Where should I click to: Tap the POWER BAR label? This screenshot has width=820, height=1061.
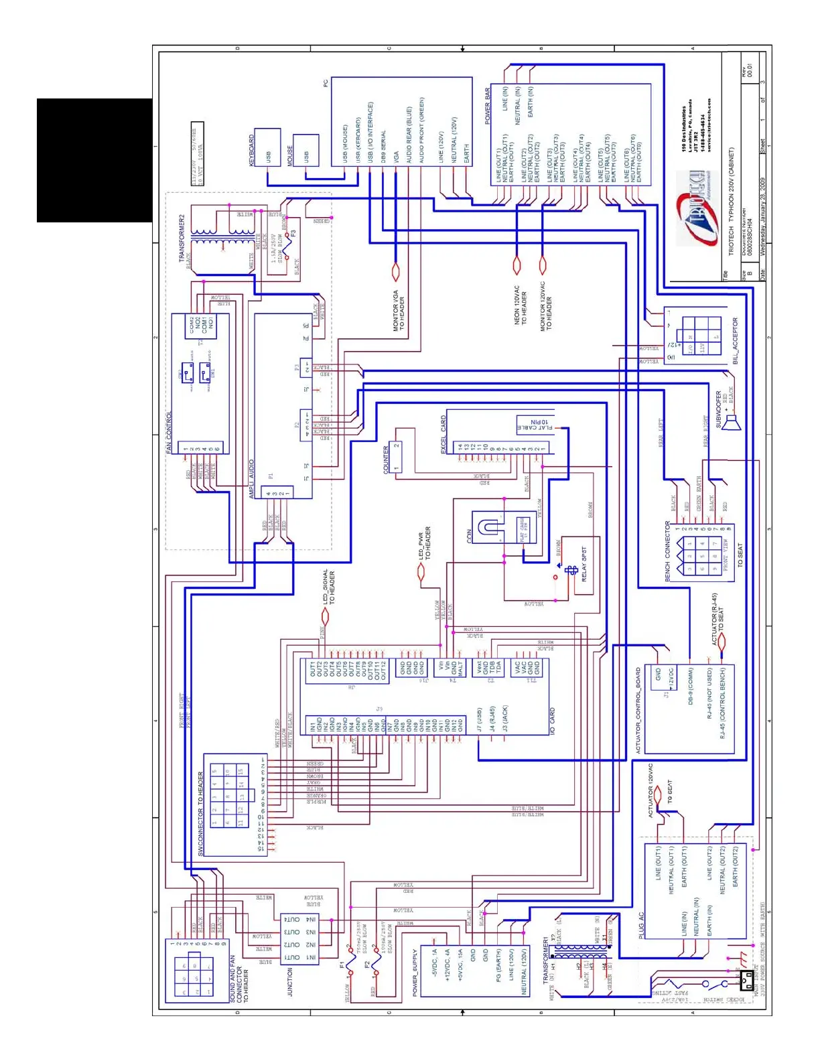[488, 107]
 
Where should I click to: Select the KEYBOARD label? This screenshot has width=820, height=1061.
[252, 150]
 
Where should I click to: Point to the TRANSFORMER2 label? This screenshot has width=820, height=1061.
[182, 238]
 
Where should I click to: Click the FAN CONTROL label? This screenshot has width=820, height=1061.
[169, 433]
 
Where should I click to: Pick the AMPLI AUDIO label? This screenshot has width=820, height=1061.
[252, 478]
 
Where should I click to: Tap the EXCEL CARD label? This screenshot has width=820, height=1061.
[443, 435]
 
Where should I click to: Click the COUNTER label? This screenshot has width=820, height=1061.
[386, 460]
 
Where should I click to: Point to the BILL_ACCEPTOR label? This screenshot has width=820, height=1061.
[735, 340]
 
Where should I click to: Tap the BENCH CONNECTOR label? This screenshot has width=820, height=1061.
[667, 551]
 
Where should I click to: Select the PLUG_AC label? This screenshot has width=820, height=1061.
[641, 925]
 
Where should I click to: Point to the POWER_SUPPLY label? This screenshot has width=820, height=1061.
[415, 972]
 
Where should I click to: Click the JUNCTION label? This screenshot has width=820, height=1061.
[290, 982]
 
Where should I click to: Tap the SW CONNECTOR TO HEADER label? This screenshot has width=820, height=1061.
[200, 813]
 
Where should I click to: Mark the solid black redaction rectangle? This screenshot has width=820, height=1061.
[94, 160]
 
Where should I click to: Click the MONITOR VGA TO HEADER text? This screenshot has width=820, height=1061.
[399, 310]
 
